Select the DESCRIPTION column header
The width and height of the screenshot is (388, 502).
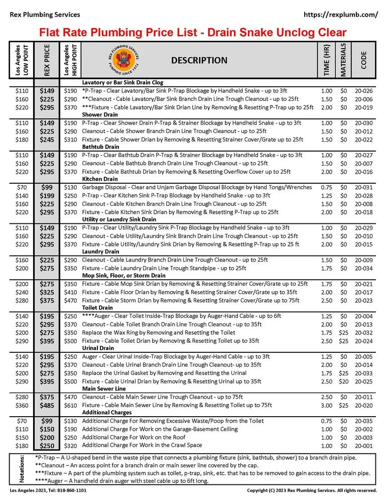[199, 60]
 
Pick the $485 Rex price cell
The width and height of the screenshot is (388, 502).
[47, 405]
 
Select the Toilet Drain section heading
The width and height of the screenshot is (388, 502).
[98, 308]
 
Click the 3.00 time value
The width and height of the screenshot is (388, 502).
[326, 405]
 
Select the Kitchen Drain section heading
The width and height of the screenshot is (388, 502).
[100, 179]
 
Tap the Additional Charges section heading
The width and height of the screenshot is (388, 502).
[106, 413]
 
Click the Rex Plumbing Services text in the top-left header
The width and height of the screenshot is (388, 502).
[45, 15]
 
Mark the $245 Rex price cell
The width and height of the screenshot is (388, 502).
[47, 139]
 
